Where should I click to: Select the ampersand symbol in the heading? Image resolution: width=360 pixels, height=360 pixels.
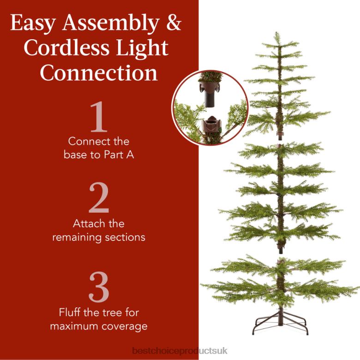click(x=173, y=23)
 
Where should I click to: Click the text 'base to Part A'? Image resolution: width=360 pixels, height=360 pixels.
click(x=99, y=155)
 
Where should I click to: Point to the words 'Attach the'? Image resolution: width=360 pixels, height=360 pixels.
click(x=98, y=224)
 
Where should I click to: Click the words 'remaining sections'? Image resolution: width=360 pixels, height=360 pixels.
click(x=98, y=237)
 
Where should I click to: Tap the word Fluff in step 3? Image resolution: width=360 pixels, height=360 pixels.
click(x=71, y=312)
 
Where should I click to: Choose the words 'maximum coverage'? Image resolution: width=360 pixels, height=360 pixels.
click(x=98, y=326)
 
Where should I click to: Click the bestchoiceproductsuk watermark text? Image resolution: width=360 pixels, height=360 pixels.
click(x=180, y=351)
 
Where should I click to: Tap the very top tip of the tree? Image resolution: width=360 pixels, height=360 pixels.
click(x=276, y=34)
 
